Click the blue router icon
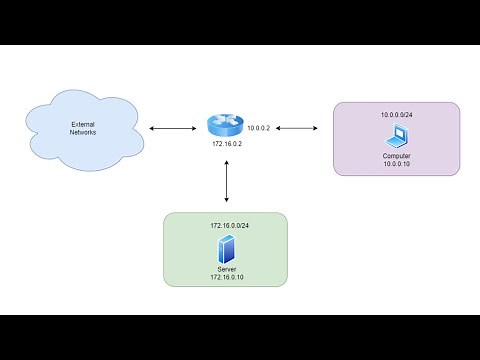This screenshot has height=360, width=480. (227, 125)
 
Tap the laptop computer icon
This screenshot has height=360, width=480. (396, 136)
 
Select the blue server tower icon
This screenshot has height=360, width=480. (227, 248)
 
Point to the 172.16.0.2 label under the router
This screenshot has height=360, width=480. (227, 146)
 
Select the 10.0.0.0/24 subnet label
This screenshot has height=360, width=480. (397, 115)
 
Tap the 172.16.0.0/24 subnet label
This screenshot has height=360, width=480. (228, 227)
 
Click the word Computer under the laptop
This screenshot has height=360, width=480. (397, 156)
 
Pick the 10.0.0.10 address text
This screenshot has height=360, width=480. (397, 165)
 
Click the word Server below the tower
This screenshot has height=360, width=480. (227, 267)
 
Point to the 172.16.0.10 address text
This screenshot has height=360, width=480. (227, 276)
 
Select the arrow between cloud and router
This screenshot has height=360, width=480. (171, 128)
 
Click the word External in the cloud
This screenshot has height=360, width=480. (83, 123)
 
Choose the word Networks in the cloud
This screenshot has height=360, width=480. (83, 132)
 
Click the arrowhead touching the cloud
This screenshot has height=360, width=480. (150, 128)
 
